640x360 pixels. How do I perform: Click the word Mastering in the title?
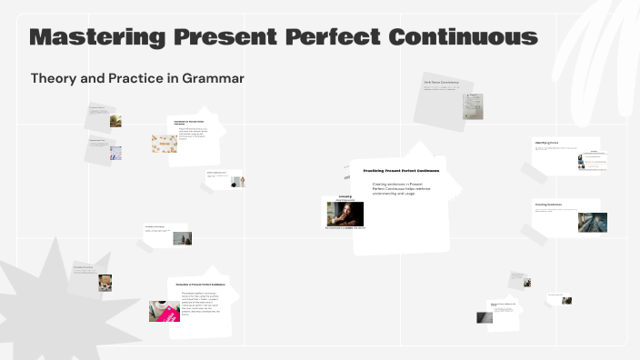point(95,37)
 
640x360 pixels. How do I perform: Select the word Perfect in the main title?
point(327,37)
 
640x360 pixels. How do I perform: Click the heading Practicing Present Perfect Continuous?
point(401,171)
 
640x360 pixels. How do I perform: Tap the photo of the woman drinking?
point(345,214)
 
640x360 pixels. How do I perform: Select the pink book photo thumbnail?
point(165,311)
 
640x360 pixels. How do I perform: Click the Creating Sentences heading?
point(548,205)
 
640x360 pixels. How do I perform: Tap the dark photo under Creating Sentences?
point(592,222)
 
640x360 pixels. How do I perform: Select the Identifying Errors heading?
point(546,143)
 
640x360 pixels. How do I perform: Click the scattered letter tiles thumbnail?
point(165,144)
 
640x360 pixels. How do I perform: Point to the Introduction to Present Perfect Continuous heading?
point(190,122)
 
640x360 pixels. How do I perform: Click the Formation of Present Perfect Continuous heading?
point(201,285)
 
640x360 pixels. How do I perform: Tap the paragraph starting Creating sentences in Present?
point(401,188)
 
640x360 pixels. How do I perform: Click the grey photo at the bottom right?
point(485,317)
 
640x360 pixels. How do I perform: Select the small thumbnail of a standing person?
point(237,182)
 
